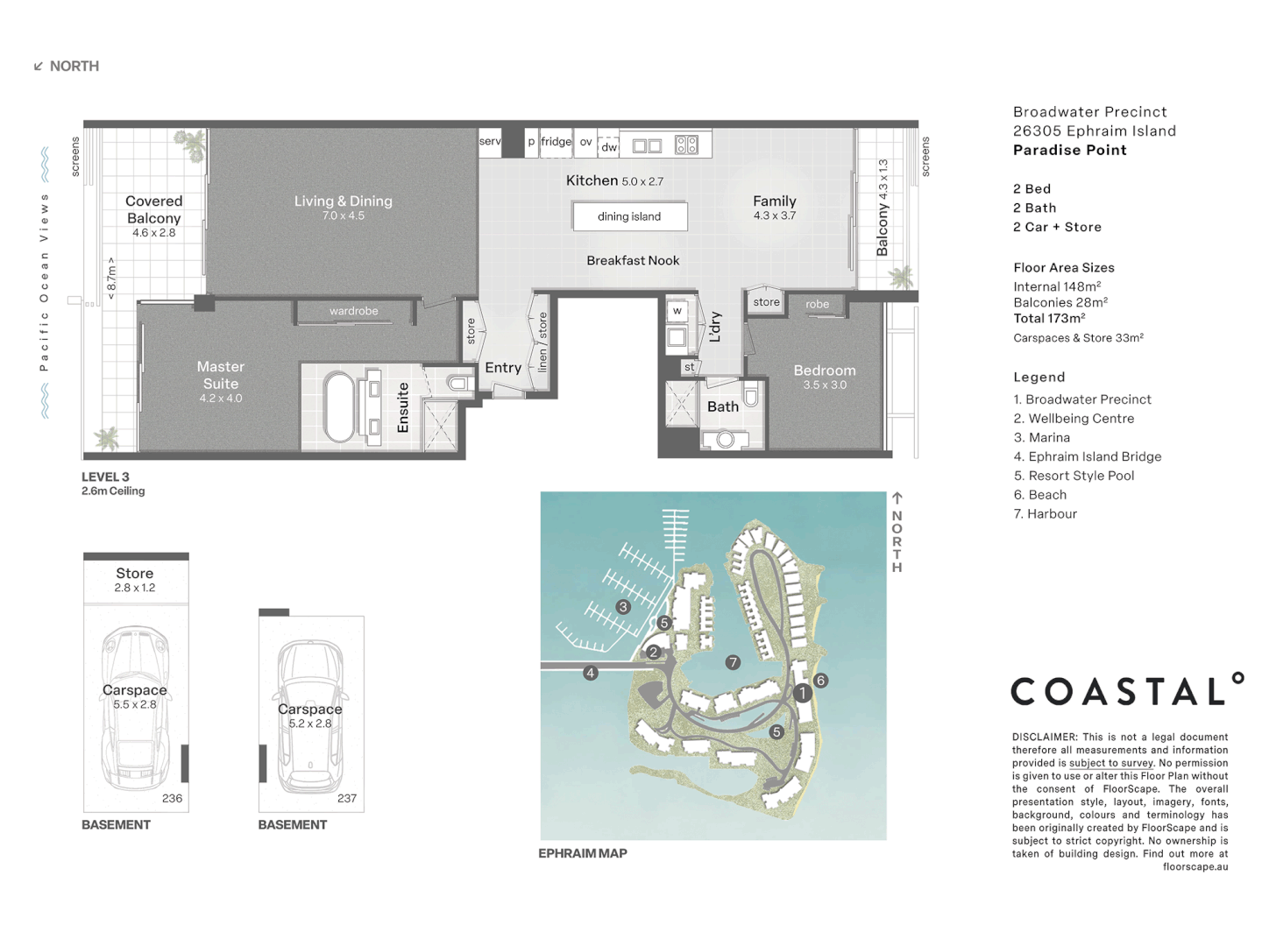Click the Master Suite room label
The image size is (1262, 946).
pyautogui.click(x=221, y=376)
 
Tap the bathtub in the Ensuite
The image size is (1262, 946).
pyautogui.click(x=340, y=407)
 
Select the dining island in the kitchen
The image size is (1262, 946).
pyautogui.click(x=629, y=216)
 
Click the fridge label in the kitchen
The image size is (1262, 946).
pyautogui.click(x=556, y=142)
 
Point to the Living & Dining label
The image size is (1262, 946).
pyautogui.click(x=343, y=201)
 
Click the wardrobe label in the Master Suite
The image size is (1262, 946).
pyautogui.click(x=353, y=311)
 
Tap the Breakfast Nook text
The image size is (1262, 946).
pyautogui.click(x=633, y=260)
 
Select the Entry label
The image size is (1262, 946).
pyautogui.click(x=503, y=368)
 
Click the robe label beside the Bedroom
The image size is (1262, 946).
pyautogui.click(x=817, y=305)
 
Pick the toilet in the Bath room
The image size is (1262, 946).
pyautogui.click(x=751, y=392)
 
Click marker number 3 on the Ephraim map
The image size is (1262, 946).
pyautogui.click(x=623, y=607)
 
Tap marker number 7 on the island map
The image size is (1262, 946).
pyautogui.click(x=733, y=662)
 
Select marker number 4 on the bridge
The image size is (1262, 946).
pyautogui.click(x=591, y=673)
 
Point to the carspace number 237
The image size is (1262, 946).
pyautogui.click(x=347, y=799)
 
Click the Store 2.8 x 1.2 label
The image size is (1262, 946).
pyautogui.click(x=135, y=580)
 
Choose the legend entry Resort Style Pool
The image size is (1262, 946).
pyautogui.click(x=1074, y=476)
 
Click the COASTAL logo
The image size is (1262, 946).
pyautogui.click(x=1127, y=691)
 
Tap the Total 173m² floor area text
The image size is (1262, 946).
pyautogui.click(x=1049, y=319)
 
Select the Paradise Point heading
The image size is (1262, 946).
pyautogui.click(x=1069, y=150)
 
